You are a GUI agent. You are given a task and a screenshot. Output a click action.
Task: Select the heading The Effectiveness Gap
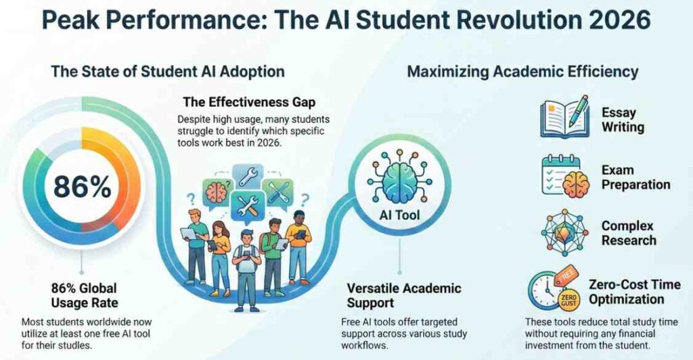[249, 102]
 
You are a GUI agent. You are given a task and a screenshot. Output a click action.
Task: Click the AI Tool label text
[399, 215]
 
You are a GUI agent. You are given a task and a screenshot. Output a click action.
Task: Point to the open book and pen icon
[564, 116]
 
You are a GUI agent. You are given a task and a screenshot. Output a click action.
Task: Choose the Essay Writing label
[623, 120]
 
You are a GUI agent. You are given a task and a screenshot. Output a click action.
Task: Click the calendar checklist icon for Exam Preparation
[565, 175]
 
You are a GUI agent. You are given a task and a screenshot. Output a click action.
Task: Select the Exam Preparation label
[635, 177]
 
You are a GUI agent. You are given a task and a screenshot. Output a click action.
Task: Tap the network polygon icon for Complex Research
[564, 232]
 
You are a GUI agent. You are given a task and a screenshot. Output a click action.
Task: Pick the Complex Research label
[629, 233]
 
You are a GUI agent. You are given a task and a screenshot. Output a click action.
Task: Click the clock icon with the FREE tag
[553, 288]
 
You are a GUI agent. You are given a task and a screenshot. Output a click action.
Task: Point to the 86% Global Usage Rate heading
[85, 296]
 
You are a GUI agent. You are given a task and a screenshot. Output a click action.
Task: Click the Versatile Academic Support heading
[404, 296]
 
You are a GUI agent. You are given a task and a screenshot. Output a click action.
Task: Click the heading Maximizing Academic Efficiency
[522, 72]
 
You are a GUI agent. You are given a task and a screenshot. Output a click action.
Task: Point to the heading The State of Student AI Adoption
[168, 72]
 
